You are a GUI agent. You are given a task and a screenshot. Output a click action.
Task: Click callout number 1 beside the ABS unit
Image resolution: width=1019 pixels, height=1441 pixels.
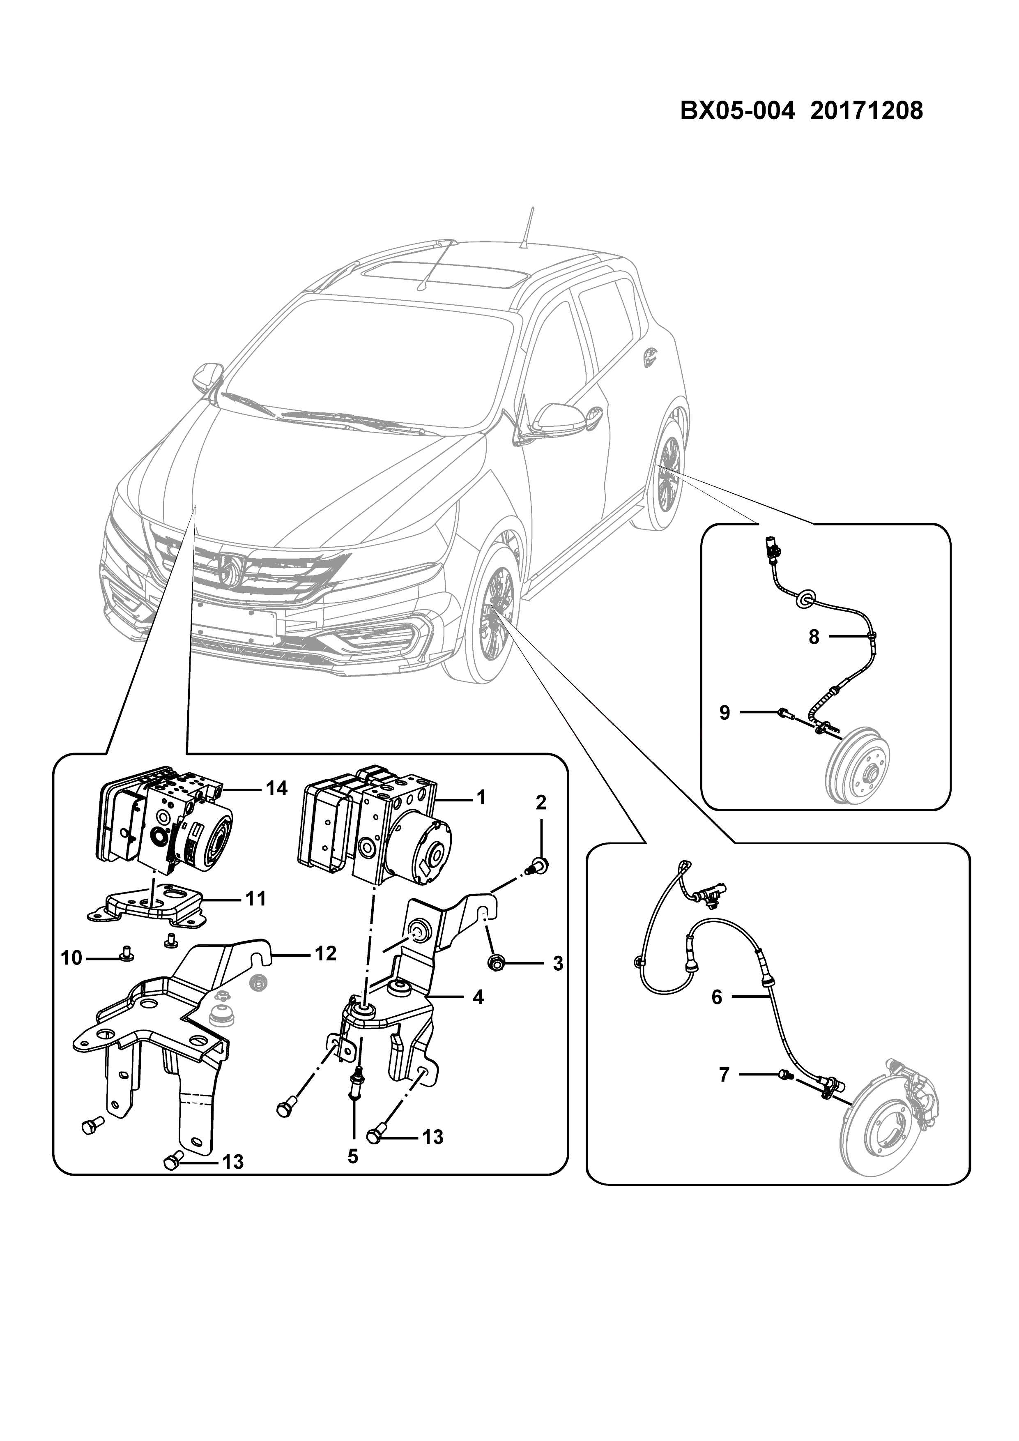point(481,798)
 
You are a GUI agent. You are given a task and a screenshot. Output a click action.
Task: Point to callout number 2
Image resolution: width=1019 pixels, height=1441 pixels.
point(541,802)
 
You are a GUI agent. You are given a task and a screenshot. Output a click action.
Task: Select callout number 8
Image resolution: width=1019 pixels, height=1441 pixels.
point(814,637)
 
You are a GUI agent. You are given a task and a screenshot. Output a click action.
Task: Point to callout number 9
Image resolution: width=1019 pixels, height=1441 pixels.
point(725,713)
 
